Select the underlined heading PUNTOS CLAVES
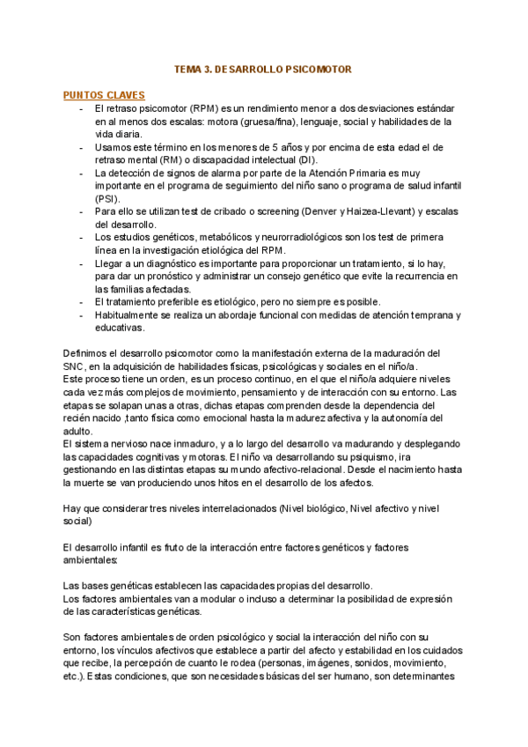105,94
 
